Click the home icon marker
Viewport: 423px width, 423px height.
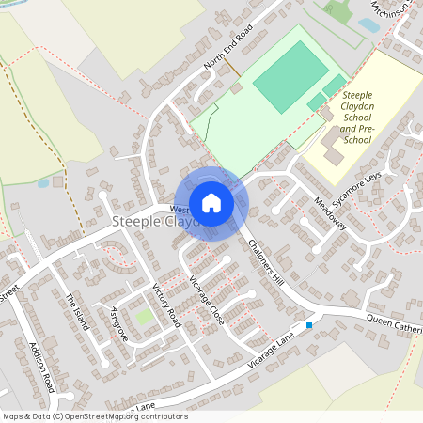tap(211, 203)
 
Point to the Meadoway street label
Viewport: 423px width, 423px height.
tap(330, 213)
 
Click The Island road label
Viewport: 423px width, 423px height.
tap(76, 311)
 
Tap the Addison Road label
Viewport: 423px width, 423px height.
tap(42, 368)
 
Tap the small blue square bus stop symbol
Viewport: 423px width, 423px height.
tap(308, 325)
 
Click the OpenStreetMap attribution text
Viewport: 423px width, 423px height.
tap(94, 416)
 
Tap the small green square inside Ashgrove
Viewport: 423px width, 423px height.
tap(143, 317)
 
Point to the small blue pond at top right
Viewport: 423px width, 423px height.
tap(368, 25)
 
